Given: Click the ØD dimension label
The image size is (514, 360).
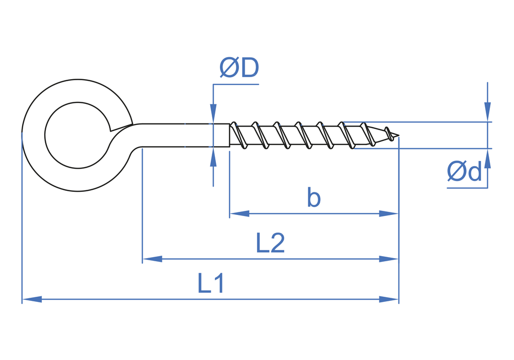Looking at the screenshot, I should pos(239,68).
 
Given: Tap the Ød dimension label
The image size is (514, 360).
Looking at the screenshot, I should pos(465,171).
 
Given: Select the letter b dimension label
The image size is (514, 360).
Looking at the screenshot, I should pos(314,197).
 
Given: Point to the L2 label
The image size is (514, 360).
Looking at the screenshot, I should pos(270,243).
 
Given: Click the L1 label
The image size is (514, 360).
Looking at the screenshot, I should pos(211,283).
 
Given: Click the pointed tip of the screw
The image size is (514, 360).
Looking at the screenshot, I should pos(397,136).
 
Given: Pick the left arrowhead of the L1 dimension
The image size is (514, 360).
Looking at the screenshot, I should pos(32,299).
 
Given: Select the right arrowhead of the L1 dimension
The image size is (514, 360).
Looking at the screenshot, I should pos(389,299).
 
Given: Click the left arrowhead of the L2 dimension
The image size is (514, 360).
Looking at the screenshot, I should pos(152,259).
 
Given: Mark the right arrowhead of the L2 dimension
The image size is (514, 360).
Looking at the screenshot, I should pos(389,259).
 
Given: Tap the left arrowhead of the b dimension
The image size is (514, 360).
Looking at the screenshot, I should pos(240,213).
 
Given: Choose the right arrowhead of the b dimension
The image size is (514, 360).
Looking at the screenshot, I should pos(389,213).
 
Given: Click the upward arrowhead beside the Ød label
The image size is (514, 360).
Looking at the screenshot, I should pos(487,159).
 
